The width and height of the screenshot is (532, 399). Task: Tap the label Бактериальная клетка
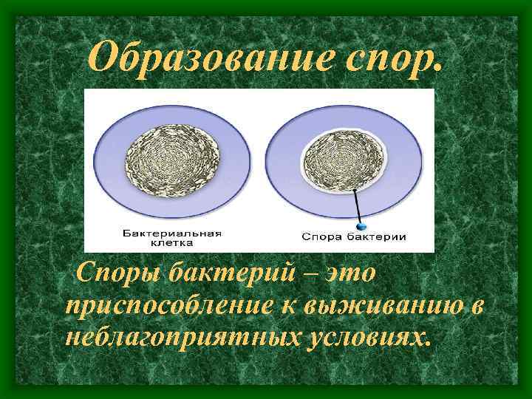click(x=172, y=237)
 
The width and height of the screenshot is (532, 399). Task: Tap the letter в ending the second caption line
click(x=477, y=307)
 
